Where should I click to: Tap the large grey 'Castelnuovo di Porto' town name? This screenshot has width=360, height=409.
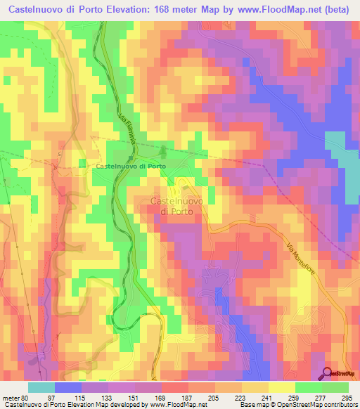tap(177, 206)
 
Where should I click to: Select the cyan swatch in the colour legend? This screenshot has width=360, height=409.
tap(41, 388)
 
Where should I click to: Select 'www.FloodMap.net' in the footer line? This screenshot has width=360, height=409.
tap(172, 405)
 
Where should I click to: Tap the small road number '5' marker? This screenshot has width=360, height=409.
tap(60, 154)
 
